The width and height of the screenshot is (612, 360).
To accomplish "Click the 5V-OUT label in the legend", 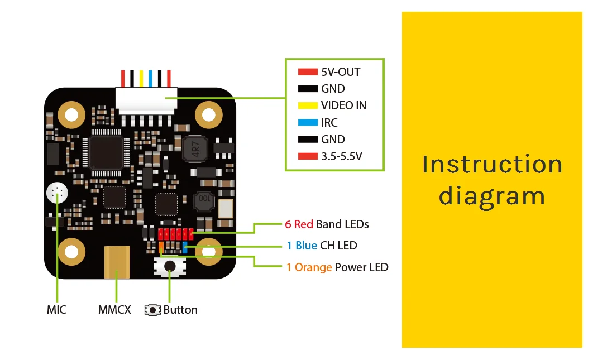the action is [341, 72].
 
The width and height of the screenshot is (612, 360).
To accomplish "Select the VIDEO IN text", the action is [343, 105].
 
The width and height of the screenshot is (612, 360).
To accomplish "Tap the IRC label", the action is [329, 122].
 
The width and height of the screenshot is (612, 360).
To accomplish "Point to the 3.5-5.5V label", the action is [342, 156].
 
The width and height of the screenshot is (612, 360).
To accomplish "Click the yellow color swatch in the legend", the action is [308, 105].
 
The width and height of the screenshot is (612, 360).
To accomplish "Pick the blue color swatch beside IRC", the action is [308, 122].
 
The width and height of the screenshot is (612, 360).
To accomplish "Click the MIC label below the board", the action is [56, 310].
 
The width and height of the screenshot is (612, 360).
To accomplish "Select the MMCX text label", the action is [114, 310].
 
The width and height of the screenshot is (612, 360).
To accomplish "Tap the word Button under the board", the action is [180, 310].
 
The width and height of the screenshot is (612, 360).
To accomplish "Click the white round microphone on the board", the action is [57, 193].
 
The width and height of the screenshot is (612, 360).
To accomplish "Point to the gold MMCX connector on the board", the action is [117, 262].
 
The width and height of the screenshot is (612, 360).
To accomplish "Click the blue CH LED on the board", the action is [185, 247].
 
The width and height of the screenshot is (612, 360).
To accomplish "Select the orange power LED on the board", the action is [161, 247].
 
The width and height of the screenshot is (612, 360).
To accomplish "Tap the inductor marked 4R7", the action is [195, 148].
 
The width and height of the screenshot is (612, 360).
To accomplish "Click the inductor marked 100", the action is [204, 201].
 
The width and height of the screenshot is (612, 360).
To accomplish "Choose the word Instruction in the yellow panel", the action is [492, 164].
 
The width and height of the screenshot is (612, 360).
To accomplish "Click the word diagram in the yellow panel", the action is [492, 196].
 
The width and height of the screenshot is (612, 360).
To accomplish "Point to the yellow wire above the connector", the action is [141, 78].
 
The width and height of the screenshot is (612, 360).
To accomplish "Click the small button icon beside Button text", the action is [152, 310].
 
